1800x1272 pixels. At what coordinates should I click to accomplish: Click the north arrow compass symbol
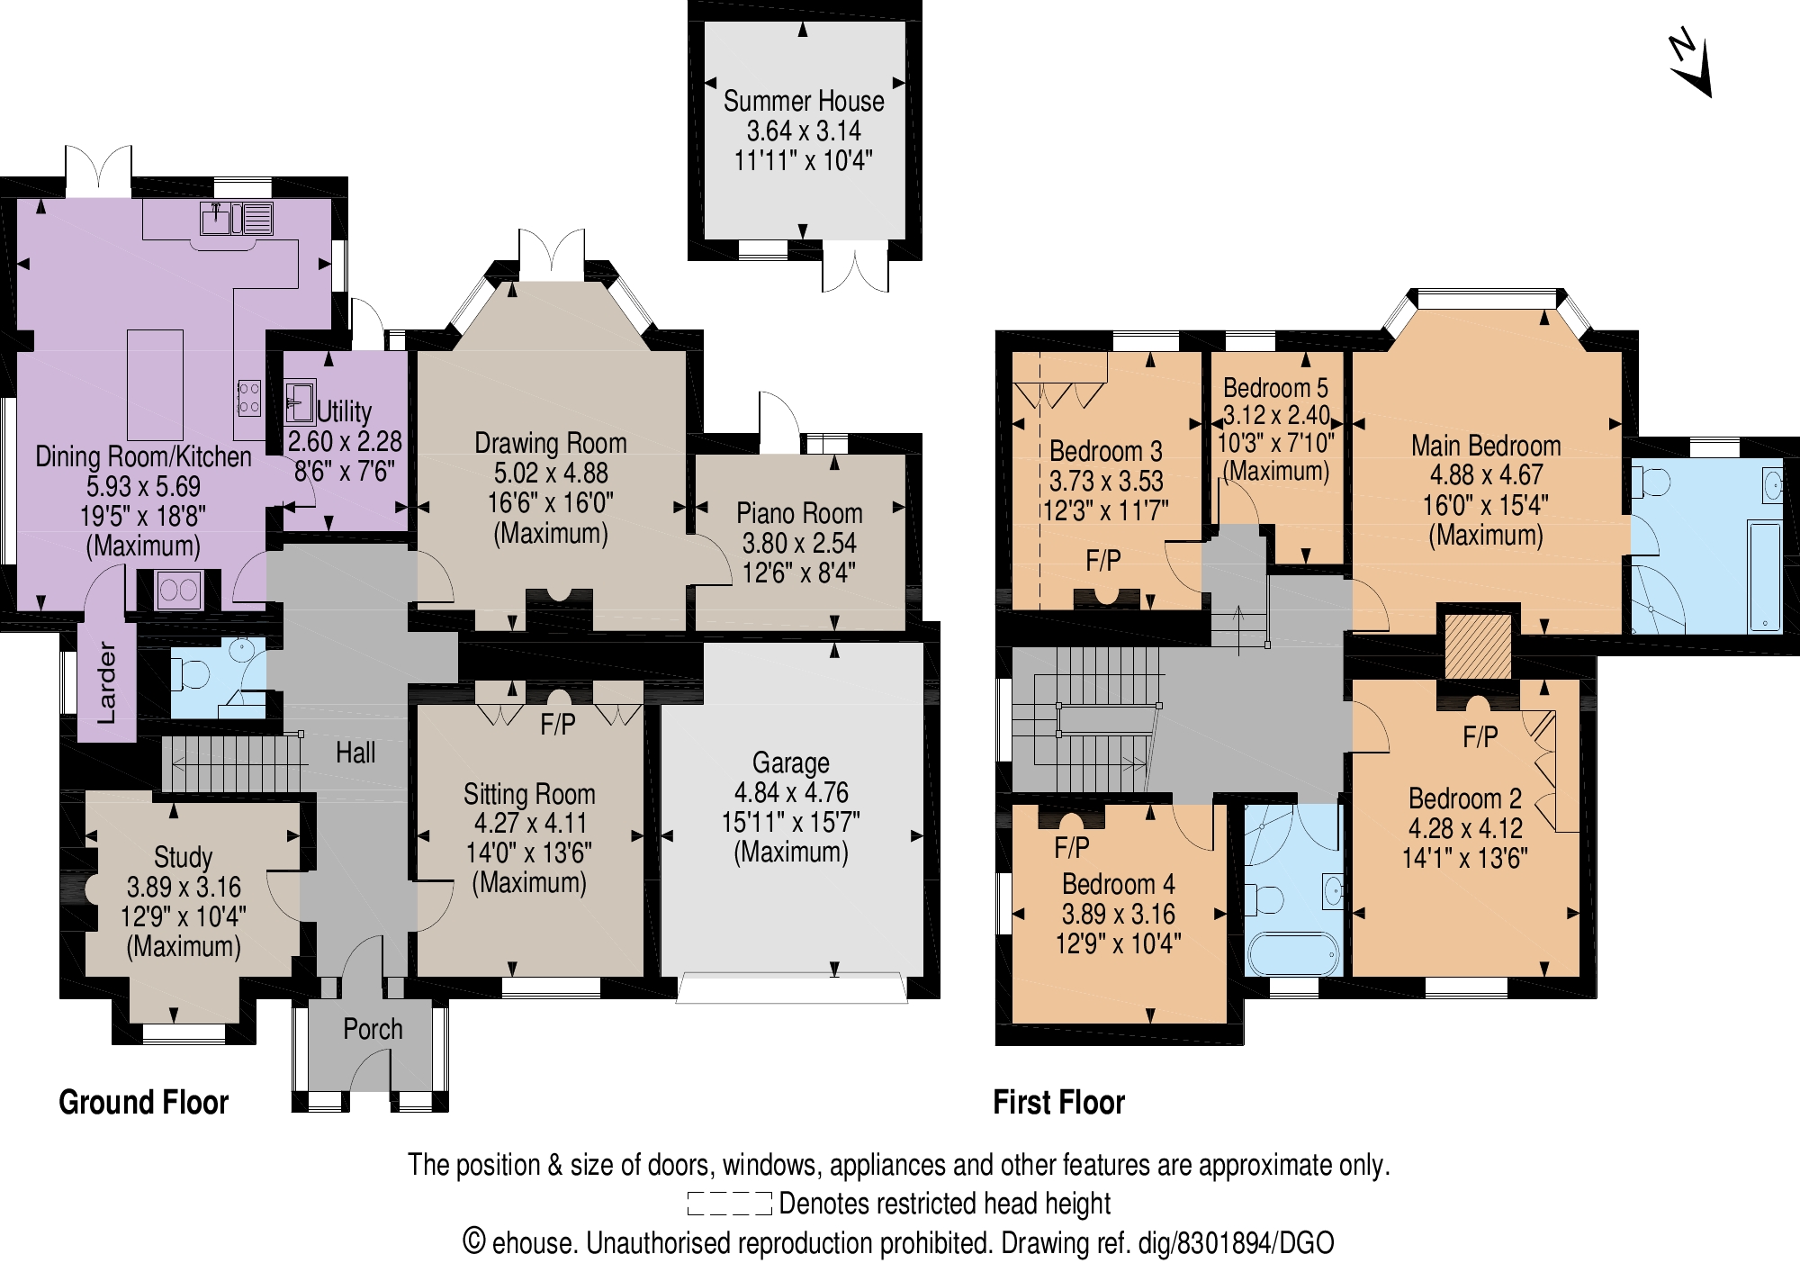pos(1688,65)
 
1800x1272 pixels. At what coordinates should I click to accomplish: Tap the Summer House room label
pos(803,101)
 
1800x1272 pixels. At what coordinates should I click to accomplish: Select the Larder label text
pos(106,681)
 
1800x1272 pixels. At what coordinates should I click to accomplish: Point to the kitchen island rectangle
pos(155,384)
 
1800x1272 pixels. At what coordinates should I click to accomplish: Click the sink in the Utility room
pos(299,402)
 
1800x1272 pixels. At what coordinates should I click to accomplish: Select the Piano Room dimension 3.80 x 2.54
pos(798,543)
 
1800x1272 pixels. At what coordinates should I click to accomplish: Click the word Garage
pos(790,762)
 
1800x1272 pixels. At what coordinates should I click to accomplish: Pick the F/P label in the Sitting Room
pos(557,725)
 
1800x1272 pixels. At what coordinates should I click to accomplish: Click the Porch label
pos(373,1029)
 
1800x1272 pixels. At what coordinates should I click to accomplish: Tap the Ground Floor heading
pos(143,1102)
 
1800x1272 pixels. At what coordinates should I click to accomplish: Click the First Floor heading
pos(1058,1102)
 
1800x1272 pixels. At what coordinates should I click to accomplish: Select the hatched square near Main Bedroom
pos(1478,646)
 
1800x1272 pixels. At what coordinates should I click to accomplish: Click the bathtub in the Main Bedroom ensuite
pos(1765,576)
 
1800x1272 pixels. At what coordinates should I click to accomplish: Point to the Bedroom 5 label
pos(1274,388)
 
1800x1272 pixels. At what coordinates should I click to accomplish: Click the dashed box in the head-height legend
pos(729,1204)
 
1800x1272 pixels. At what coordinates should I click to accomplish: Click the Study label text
pos(183,857)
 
